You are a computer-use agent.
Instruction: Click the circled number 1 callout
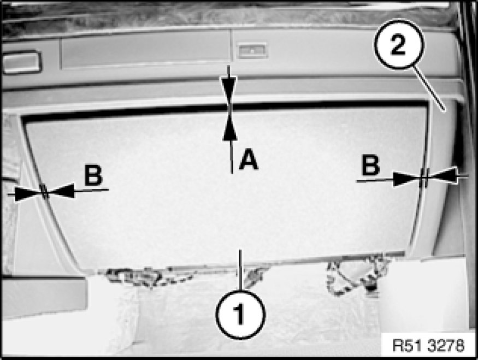tap(240, 314)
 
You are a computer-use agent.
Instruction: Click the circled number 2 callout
tap(399, 44)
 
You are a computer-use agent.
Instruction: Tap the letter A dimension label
tap(249, 159)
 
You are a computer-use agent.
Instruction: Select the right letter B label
tap(371, 165)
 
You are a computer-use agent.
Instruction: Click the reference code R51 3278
tap(428, 346)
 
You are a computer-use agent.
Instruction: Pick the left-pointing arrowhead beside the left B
tap(61, 191)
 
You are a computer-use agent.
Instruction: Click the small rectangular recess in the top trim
tap(252, 51)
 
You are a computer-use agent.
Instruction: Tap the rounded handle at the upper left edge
tap(21, 62)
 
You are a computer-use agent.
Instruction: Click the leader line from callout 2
tap(429, 88)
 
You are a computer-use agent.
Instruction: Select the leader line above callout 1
tap(241, 270)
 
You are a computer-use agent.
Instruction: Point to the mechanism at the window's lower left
tap(146, 276)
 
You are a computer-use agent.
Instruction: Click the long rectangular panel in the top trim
tap(146, 49)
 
